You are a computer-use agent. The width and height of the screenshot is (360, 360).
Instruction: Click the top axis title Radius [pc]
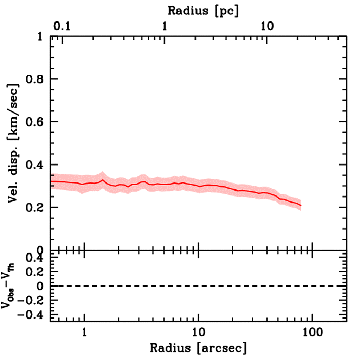[203, 11]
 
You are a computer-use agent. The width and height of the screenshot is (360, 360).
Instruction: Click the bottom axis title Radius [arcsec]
[198, 348]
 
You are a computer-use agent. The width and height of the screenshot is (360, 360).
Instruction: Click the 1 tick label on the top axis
[164, 27]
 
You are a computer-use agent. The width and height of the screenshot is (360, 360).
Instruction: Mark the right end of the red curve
[301, 205]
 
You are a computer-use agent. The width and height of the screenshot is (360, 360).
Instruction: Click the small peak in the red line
[103, 180]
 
